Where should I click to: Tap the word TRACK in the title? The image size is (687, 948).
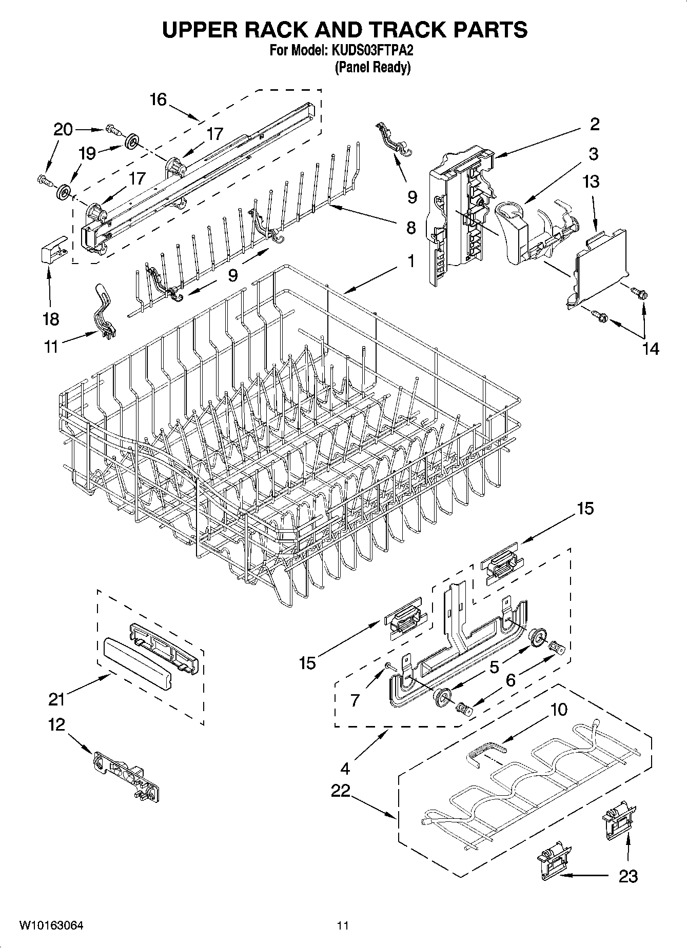click(x=388, y=30)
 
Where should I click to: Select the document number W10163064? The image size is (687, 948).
click(x=51, y=925)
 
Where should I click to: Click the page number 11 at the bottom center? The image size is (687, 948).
click(x=343, y=926)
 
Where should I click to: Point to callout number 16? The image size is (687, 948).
click(x=159, y=99)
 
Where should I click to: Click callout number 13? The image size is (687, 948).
click(x=592, y=181)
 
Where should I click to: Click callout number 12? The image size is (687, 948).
click(x=57, y=724)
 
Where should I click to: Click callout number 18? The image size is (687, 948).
click(x=51, y=319)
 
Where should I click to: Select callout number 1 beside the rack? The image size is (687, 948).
click(x=411, y=261)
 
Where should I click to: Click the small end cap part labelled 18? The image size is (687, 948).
click(x=54, y=251)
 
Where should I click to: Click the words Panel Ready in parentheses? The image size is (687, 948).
click(x=372, y=67)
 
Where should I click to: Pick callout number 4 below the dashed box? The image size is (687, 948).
click(x=345, y=769)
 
